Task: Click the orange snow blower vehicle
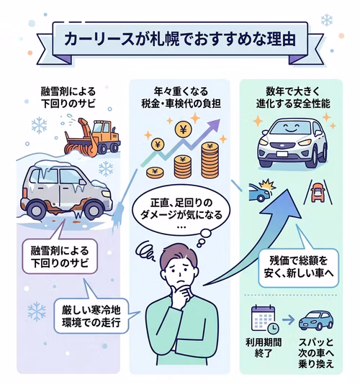coord(92,137)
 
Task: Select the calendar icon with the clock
coord(265,319)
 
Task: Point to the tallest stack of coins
coord(210,160)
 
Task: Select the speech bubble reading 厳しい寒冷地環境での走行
coord(91,316)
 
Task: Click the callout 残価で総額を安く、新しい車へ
coord(299,268)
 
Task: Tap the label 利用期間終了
coord(264,348)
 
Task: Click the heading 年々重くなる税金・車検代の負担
coord(181,98)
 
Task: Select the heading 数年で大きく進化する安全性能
coord(293,98)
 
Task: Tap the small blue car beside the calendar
coord(316,320)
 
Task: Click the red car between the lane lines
coord(318,193)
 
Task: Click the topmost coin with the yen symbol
coord(184,129)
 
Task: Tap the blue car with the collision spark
coord(260,192)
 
